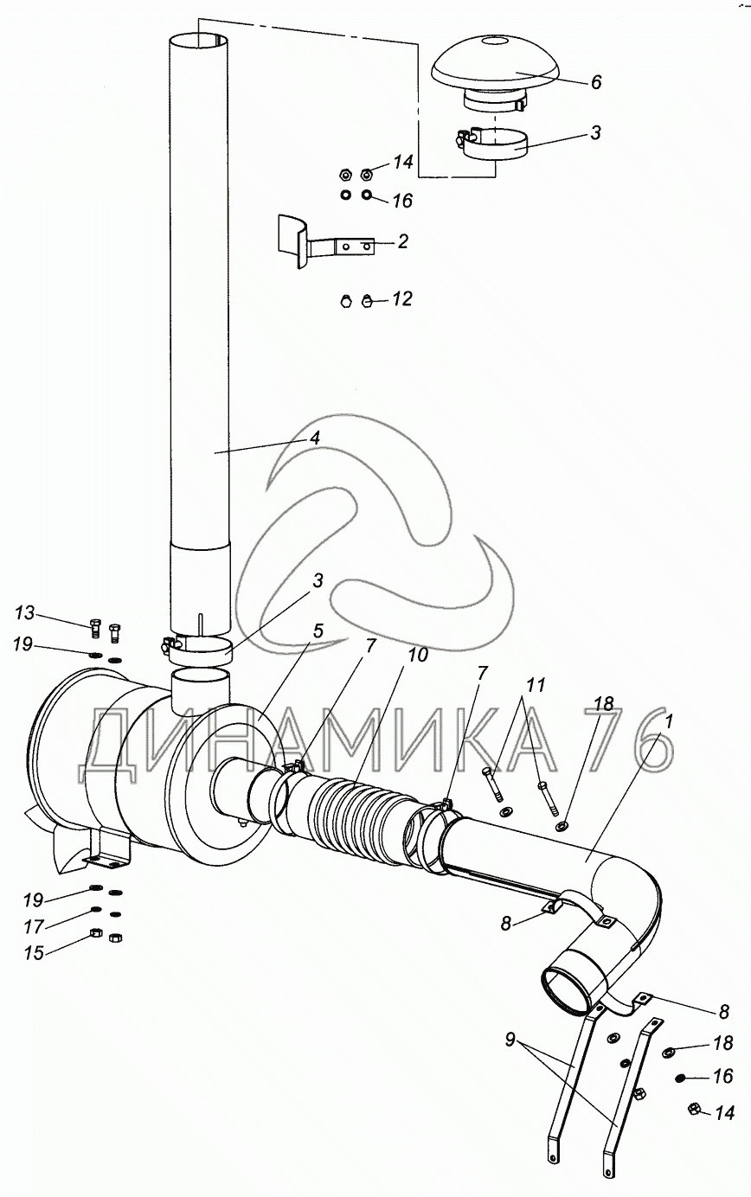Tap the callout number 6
[x=596, y=82]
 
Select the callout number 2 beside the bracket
[x=402, y=241]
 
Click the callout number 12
[x=402, y=298]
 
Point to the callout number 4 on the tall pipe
[x=315, y=438]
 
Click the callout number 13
[x=24, y=613]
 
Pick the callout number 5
[x=318, y=631]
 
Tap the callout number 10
[x=418, y=655]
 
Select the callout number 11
[x=536, y=684]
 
